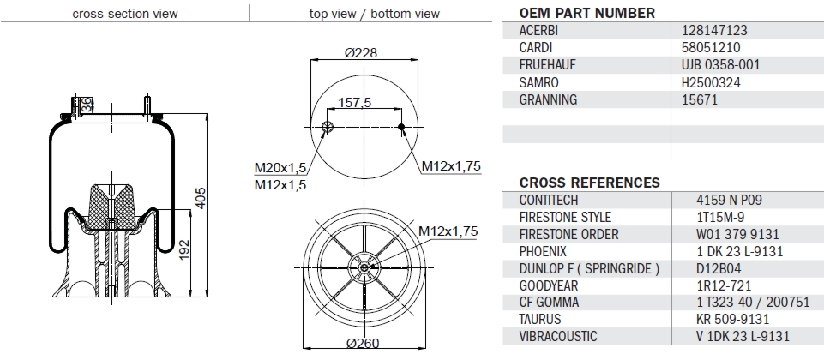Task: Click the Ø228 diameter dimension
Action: click(x=360, y=52)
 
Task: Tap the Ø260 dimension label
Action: click(x=363, y=343)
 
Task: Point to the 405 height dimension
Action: click(x=201, y=198)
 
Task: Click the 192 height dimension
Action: click(x=184, y=250)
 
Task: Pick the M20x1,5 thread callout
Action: click(x=280, y=168)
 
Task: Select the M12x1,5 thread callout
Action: click(x=280, y=184)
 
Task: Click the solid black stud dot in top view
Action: click(x=401, y=127)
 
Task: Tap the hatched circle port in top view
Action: click(x=327, y=127)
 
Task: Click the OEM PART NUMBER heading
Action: click(x=587, y=13)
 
